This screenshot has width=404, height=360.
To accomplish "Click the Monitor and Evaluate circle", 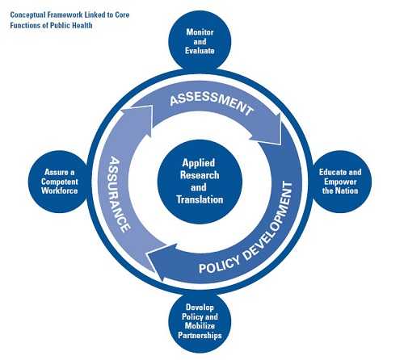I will (200, 42).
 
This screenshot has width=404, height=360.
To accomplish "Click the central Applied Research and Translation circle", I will (200, 180).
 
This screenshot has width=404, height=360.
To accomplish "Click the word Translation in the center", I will (200, 199).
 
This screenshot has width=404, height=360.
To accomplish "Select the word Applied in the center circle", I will (200, 162).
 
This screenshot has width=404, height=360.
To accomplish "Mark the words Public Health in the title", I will (72, 25).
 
